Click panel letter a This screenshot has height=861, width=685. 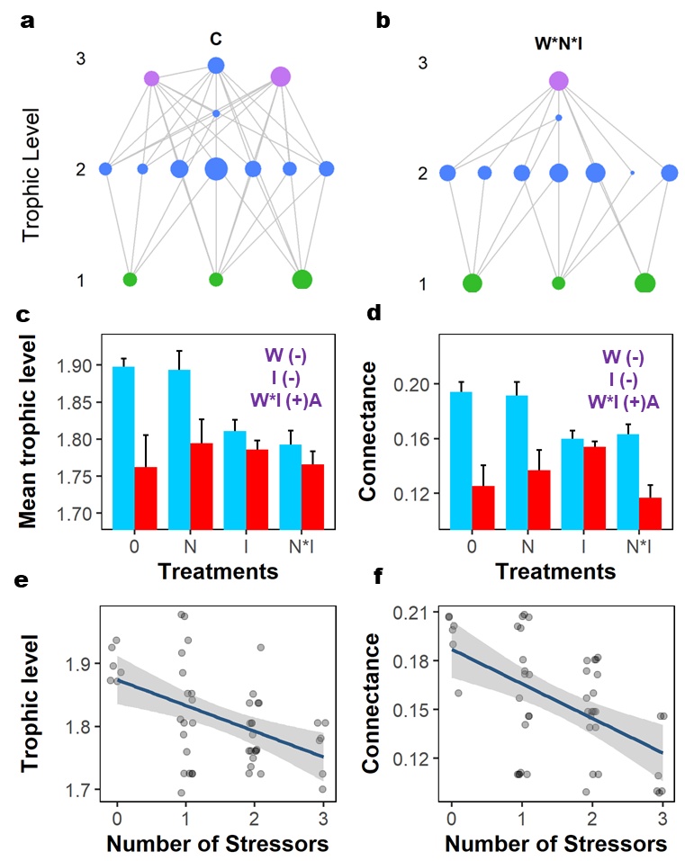tap(28, 20)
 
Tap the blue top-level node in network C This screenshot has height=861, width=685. tap(216, 65)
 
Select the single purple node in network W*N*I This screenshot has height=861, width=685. tap(559, 82)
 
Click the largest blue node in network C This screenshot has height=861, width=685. tap(216, 168)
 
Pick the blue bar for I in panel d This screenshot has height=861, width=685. tap(547, 484)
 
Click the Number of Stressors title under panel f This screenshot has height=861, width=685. tap(555, 846)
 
